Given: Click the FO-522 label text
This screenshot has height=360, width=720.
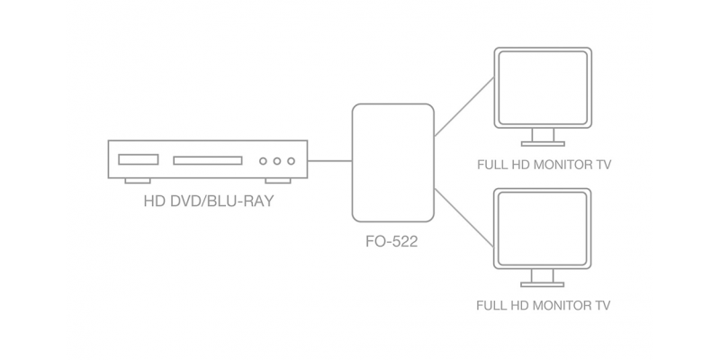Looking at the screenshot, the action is coord(391,241).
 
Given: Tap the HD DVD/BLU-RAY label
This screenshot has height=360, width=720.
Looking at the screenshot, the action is coord(209,201).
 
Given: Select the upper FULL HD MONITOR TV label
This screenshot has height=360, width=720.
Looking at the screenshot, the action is coord(544,165).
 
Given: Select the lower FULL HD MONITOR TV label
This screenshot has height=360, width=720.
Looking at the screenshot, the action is coord(544,305).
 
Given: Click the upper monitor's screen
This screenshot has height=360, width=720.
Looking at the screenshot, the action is coord(543,87).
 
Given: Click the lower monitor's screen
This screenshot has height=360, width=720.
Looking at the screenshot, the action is coord(543,229).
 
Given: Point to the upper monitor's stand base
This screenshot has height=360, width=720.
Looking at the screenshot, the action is coord(543,144).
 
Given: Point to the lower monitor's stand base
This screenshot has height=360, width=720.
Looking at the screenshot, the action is coord(543,284).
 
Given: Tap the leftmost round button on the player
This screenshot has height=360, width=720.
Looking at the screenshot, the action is coord(263,161).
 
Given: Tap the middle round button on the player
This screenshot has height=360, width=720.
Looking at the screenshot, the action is coord(277,161).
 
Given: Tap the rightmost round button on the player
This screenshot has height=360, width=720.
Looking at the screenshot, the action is coord(291,161).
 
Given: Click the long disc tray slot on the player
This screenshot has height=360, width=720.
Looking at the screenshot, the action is coord(208,161).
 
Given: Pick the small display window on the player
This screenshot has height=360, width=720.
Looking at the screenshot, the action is coord(139,159).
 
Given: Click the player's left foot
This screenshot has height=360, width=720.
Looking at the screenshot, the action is coord(138,181).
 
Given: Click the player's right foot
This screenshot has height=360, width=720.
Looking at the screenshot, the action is coord(278,181).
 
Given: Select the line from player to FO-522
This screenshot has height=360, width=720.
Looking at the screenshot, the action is coord(329,161).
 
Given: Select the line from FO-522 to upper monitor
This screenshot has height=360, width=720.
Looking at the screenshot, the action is coord(464,107).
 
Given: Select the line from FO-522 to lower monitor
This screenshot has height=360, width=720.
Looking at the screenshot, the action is coord(464,218).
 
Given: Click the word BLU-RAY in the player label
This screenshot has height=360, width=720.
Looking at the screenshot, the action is coord(240,201).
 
